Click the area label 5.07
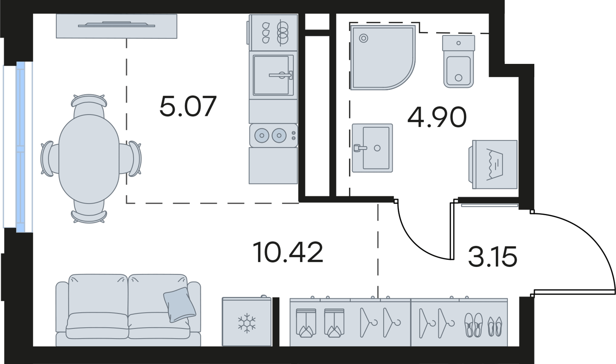188,106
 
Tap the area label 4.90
437,117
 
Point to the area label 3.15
492,257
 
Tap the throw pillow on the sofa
179,304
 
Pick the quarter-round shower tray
378,57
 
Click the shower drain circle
363,38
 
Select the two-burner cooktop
273,135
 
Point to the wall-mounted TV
117,25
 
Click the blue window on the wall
20,146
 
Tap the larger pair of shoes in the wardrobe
473,324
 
